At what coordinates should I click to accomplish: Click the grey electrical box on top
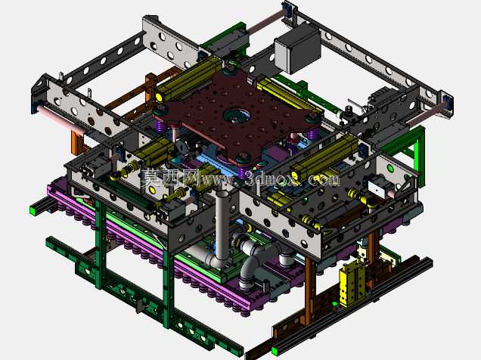pyautogui.click(x=297, y=49)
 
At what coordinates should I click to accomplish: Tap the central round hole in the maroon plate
pyautogui.click(x=236, y=116)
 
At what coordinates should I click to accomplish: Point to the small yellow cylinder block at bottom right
pyautogui.click(x=352, y=283)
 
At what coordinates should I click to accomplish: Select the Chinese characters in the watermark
pyautogui.click(x=171, y=178)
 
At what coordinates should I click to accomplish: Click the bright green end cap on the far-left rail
pyautogui.click(x=33, y=210)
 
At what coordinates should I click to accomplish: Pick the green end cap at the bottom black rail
pyautogui.click(x=275, y=351)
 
